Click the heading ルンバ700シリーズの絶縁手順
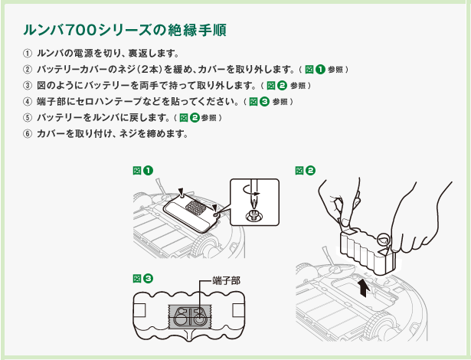coord(125,30)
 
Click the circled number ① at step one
coord(27,54)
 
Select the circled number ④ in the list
coord(27,102)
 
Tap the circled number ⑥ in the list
coord(27,134)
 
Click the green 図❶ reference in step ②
coord(315,70)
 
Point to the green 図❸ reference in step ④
coord(259,102)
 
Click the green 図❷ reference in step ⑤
coord(189,118)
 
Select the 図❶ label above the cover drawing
coord(143,171)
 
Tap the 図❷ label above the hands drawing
coord(305,171)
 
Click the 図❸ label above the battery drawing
coord(143,279)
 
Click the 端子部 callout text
coord(226,281)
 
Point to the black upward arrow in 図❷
coord(364,287)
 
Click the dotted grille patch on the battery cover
coord(197,208)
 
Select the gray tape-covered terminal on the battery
coord(190,316)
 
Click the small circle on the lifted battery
coord(384,239)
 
